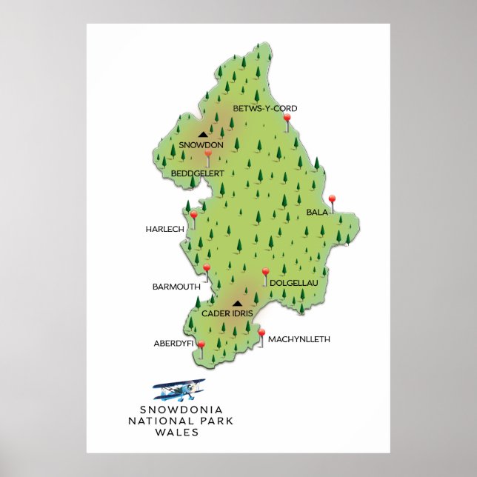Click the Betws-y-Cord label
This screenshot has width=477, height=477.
coord(264,109)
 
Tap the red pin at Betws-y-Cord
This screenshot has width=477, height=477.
coord(287,119)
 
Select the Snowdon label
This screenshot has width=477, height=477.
coord(201,145)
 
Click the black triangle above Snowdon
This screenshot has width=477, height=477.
coord(202,135)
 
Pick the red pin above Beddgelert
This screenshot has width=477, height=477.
coord(208,155)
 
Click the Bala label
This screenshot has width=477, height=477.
coord(317,213)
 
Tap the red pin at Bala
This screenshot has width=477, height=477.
coord(332,199)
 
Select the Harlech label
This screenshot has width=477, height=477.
coord(164,230)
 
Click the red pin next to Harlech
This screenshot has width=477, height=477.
coord(194,216)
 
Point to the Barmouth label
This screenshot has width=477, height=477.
coord(176,286)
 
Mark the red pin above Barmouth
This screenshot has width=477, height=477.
coord(207,268)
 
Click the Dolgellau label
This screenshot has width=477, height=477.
coord(293,283)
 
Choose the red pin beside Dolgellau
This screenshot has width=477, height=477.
coord(266,273)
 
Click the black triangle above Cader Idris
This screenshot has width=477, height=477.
coord(237,303)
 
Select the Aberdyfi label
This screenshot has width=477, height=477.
coord(173,344)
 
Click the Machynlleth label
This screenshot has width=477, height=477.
coord(298,339)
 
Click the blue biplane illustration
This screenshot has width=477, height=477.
coord(179,389)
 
